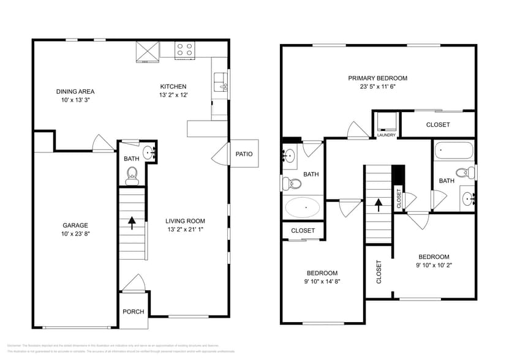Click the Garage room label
click(x=75, y=225)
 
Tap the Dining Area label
click(x=75, y=91)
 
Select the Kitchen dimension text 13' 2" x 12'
click(x=173, y=95)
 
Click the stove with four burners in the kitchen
click(x=184, y=50)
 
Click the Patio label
click(x=244, y=154)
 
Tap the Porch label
click(x=133, y=312)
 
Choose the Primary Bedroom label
click(x=377, y=78)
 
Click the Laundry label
click(x=386, y=135)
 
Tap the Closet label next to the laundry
click(x=437, y=125)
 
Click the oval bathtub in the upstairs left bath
click(x=303, y=208)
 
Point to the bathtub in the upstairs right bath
click(x=454, y=151)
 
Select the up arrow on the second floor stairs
click(x=378, y=204)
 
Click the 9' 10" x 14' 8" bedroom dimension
click(x=322, y=282)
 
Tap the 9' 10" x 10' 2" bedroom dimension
click(x=434, y=265)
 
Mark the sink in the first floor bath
click(x=148, y=152)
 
